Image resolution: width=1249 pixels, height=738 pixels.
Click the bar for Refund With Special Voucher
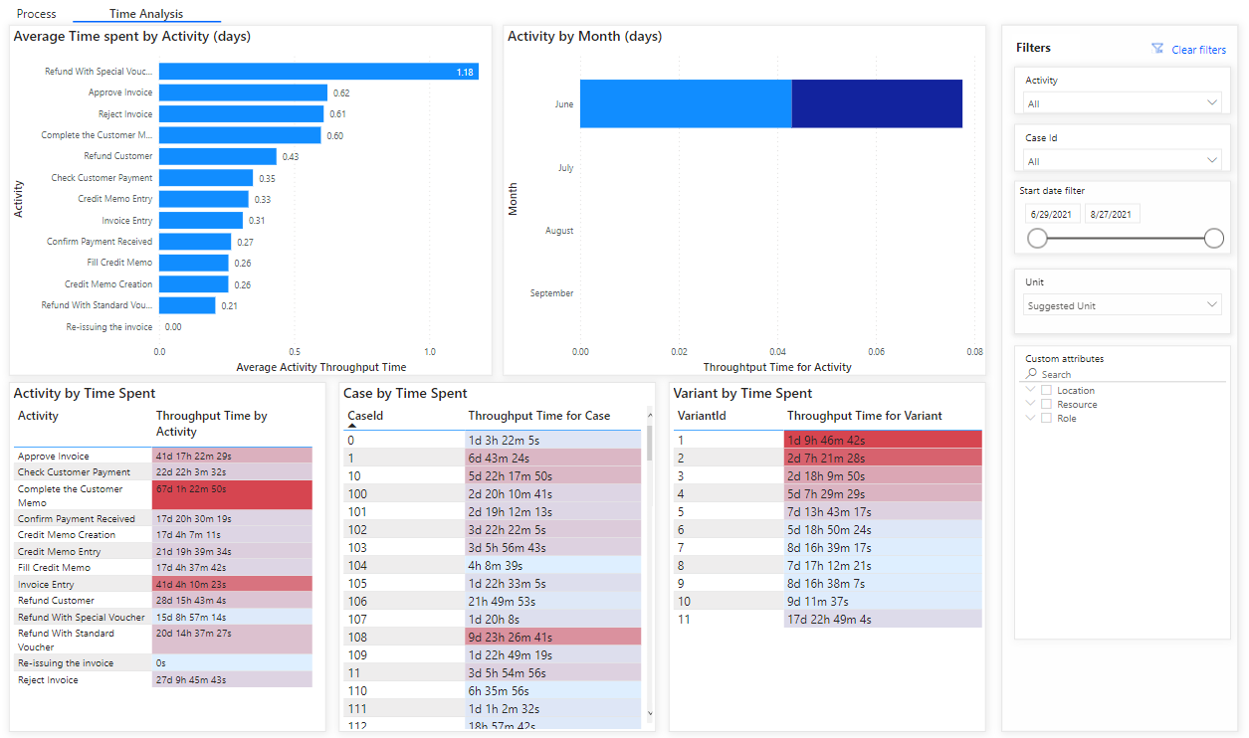tap(318, 72)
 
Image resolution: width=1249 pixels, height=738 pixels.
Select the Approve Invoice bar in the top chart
tap(243, 92)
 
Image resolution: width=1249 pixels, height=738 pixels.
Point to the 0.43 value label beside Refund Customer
tap(291, 157)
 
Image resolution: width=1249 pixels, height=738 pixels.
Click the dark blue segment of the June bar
tap(877, 103)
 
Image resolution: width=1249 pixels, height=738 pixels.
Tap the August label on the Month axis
tap(559, 231)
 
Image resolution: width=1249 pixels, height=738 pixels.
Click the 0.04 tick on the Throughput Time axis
tap(777, 351)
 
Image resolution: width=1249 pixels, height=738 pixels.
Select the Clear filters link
tap(1198, 50)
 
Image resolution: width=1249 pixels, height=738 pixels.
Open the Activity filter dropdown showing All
tap(1122, 103)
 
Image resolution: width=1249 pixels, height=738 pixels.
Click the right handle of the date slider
tap(1213, 238)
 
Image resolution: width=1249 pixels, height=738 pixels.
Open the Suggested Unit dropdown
tap(1122, 305)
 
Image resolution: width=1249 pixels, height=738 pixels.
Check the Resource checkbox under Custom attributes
tap(1046, 405)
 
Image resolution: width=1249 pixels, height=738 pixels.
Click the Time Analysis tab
tap(146, 14)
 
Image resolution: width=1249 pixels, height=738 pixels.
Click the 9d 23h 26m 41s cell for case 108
tap(552, 638)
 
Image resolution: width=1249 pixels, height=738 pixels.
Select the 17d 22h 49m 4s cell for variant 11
tap(882, 620)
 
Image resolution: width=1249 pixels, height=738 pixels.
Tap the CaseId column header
tap(365, 416)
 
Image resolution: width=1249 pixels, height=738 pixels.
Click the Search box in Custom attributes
tap(1125, 374)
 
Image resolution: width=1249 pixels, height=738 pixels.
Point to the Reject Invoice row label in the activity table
tap(48, 680)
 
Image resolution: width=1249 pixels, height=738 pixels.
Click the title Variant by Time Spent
tap(742, 393)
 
